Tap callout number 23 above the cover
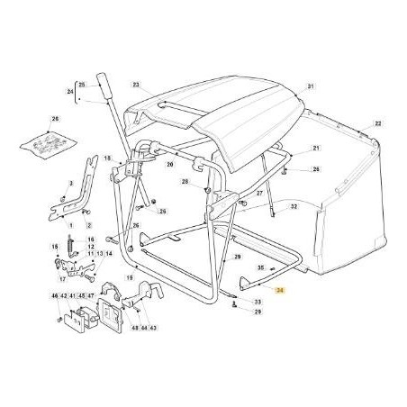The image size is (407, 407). click(137, 86)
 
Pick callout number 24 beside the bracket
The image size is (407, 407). click(69, 91)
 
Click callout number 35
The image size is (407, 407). click(261, 267)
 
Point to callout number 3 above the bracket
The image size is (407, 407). click(69, 182)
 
